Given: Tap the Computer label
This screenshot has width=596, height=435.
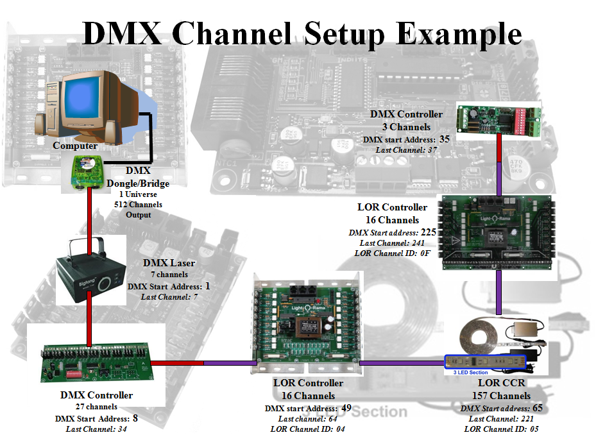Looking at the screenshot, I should [x=75, y=146].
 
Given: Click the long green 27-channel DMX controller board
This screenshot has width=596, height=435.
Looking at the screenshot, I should [x=96, y=363].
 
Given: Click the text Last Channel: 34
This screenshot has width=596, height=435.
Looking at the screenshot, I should [x=96, y=429].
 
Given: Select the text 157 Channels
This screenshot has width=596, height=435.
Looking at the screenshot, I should [x=501, y=396].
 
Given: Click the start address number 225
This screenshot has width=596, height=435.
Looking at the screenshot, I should [x=427, y=232].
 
